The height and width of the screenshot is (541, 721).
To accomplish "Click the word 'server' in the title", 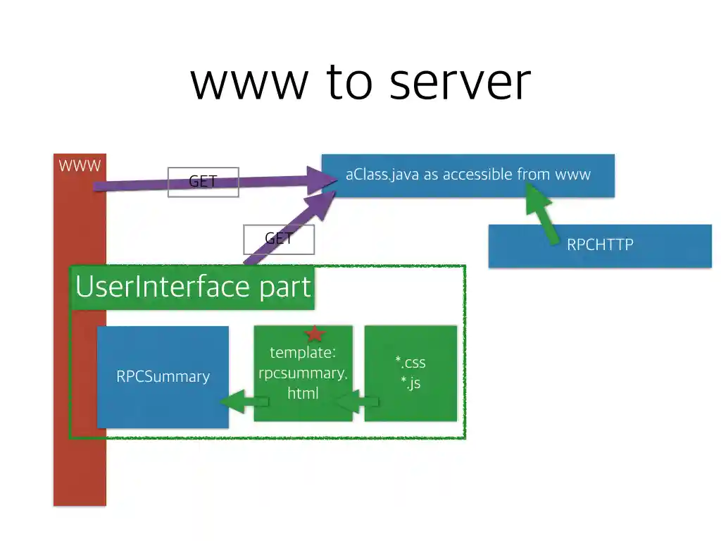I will [x=460, y=83].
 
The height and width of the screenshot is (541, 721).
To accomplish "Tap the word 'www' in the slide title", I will [x=249, y=83].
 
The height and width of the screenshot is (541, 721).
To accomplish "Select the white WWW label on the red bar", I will [x=80, y=166].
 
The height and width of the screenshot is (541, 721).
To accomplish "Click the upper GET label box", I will [x=203, y=182].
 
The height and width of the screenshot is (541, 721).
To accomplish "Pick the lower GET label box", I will [x=279, y=239].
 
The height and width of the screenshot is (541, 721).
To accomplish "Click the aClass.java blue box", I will [x=468, y=175].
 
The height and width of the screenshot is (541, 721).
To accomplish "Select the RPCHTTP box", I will [x=600, y=245].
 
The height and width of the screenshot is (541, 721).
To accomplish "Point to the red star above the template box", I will [x=314, y=334].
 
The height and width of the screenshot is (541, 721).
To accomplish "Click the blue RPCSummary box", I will [x=163, y=376].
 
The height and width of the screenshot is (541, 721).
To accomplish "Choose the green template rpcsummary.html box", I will [x=303, y=374].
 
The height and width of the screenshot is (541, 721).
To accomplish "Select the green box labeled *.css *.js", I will [x=410, y=373].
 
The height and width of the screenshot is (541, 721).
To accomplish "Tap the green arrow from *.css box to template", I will [x=356, y=402].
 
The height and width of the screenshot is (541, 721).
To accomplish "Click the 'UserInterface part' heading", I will [x=192, y=287].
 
